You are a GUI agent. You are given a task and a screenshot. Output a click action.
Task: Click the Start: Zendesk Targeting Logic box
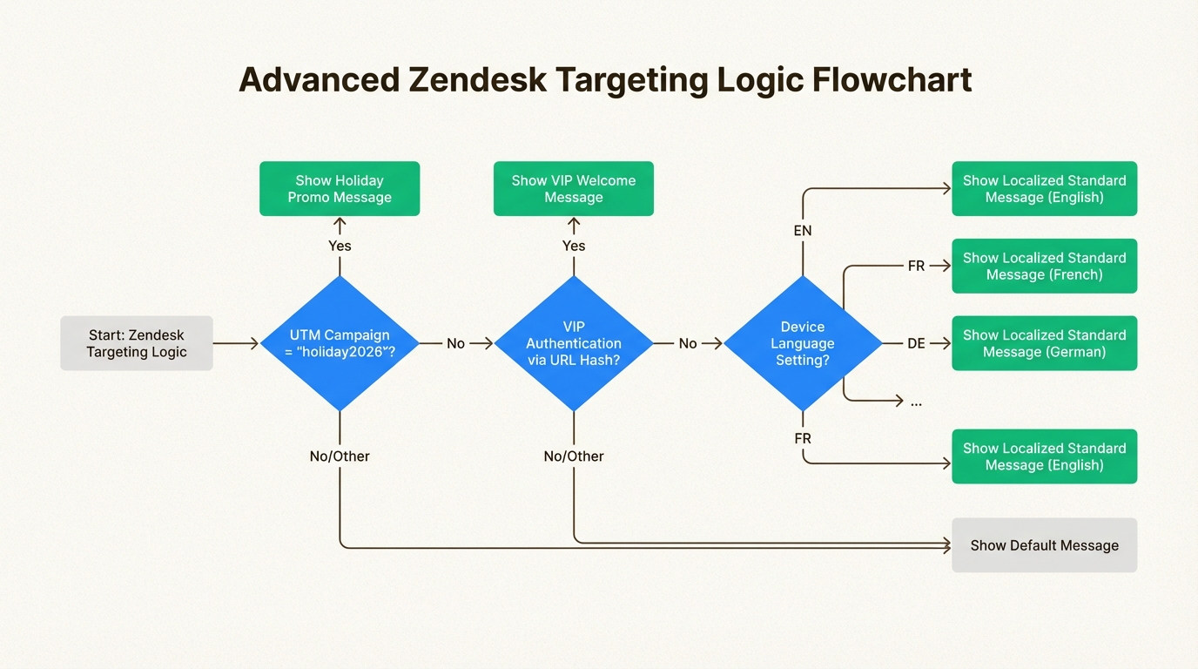click(x=137, y=343)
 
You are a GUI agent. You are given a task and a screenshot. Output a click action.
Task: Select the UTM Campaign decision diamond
click(x=340, y=343)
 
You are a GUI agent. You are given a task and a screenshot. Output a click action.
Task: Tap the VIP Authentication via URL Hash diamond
click(x=574, y=343)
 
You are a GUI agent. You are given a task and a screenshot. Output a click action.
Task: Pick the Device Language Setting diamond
click(x=802, y=343)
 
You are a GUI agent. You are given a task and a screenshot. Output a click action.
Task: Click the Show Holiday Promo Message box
click(x=340, y=189)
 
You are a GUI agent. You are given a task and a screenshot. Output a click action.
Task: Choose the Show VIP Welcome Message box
click(x=574, y=189)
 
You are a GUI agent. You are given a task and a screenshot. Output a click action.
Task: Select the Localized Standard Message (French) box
click(x=1044, y=267)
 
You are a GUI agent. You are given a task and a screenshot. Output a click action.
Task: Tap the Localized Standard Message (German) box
click(x=1044, y=343)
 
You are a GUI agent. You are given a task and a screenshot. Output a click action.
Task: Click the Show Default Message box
click(x=1044, y=545)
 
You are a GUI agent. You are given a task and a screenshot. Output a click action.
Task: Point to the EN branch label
click(x=803, y=231)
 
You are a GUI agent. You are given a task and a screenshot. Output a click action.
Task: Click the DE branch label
click(x=916, y=344)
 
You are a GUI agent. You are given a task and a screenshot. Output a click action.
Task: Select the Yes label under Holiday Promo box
click(x=340, y=246)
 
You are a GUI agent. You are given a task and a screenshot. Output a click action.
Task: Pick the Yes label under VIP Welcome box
click(x=574, y=246)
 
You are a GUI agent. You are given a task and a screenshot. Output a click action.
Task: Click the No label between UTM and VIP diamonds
click(x=456, y=344)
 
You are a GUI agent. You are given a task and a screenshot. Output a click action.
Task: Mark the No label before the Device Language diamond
click(x=688, y=344)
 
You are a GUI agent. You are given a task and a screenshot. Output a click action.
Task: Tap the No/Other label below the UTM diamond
click(x=340, y=456)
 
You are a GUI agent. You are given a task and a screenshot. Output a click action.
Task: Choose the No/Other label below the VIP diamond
click(x=574, y=456)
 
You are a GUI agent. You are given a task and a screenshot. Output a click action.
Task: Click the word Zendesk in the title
click(x=478, y=80)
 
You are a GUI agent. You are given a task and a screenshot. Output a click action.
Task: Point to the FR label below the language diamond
click(x=803, y=439)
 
